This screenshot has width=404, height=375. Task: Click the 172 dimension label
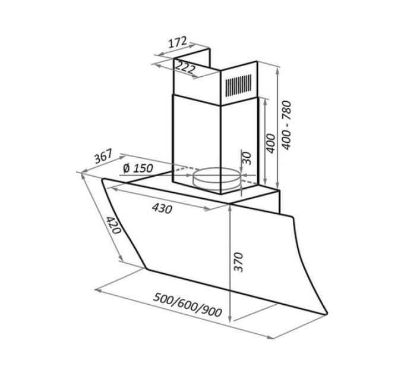[177, 42]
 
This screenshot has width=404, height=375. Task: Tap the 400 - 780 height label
[286, 125]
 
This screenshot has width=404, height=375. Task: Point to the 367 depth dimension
[103, 156]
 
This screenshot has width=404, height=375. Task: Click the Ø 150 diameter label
[138, 168]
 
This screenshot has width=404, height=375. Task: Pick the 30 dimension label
[247, 158]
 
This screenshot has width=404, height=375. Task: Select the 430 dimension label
[162, 208]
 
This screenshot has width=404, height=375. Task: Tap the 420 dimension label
[113, 225]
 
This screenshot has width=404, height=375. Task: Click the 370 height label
[238, 262]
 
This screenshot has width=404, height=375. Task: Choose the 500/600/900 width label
[187, 305]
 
